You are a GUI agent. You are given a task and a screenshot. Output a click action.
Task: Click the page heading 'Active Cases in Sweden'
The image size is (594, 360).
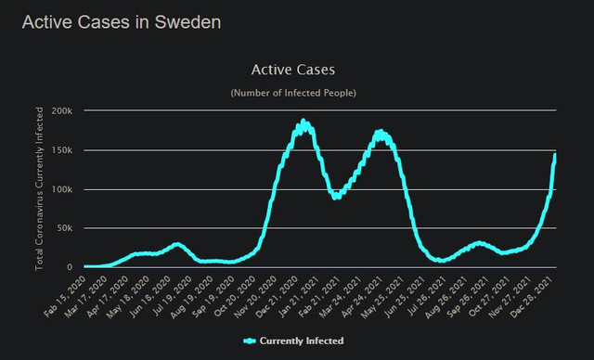(x=122, y=22)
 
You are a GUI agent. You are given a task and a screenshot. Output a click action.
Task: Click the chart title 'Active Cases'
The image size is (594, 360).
(x=293, y=70)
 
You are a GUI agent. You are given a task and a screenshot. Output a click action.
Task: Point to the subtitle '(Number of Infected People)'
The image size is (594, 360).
(x=293, y=93)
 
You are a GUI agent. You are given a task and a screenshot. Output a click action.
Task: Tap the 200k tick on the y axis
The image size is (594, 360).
(x=62, y=111)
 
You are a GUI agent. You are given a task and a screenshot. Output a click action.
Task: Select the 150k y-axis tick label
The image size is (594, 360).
(x=62, y=150)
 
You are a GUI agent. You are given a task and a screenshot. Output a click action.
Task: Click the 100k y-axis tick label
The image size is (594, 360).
(x=62, y=189)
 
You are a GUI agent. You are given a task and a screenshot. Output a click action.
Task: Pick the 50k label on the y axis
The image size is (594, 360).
(x=64, y=228)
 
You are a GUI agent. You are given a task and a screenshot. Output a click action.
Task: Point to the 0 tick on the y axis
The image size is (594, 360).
(x=70, y=267)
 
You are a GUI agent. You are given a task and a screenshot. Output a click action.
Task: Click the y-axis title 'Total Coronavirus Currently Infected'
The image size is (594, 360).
(x=39, y=189)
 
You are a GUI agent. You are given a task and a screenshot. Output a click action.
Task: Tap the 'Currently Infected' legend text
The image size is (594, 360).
(x=302, y=341)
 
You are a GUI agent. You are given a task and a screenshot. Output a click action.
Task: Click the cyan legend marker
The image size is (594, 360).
(x=250, y=341)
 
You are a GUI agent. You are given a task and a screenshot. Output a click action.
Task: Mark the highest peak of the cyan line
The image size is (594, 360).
(x=303, y=121)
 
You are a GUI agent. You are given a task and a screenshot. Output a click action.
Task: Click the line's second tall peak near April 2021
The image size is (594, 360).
(x=381, y=132)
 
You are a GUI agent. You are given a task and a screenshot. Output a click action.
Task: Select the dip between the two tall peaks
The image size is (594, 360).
(x=336, y=197)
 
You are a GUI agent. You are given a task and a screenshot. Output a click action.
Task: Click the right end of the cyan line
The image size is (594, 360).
(x=555, y=154)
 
